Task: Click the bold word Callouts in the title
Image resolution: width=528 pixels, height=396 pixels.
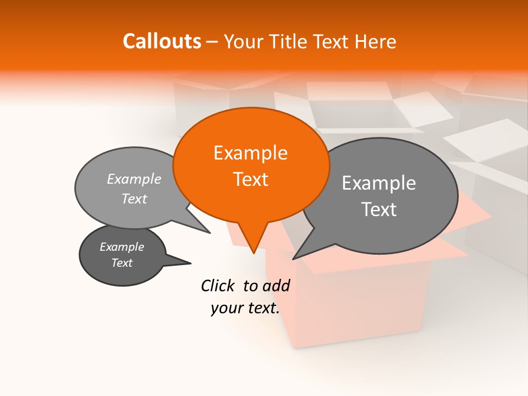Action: tap(162, 41)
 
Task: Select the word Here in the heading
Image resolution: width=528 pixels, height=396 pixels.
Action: tap(376, 41)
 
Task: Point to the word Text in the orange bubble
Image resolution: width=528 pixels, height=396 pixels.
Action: tap(250, 179)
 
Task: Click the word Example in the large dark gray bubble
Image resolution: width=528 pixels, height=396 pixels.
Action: tap(378, 183)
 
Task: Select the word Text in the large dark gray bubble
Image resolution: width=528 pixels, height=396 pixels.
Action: tap(378, 209)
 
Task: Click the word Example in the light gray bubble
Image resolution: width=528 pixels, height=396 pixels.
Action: tap(134, 179)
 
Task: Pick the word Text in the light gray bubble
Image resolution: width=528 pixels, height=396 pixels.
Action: tap(134, 199)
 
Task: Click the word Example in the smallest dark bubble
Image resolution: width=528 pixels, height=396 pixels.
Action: tap(122, 247)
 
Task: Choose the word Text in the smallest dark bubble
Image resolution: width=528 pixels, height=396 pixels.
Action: tap(122, 263)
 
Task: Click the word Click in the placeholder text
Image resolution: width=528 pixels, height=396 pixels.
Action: tap(218, 285)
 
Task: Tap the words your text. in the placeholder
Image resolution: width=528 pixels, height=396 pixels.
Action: tap(245, 308)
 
